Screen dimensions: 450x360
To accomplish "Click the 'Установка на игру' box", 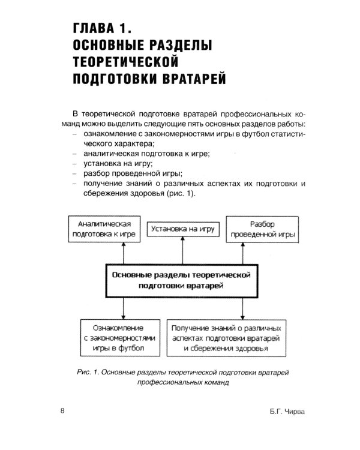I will tap(183, 229).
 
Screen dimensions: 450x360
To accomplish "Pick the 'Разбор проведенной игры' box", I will tap(263, 229).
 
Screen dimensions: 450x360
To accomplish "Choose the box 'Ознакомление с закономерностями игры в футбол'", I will tap(121, 338).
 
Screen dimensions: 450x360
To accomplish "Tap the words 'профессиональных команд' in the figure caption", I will tap(183, 382).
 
